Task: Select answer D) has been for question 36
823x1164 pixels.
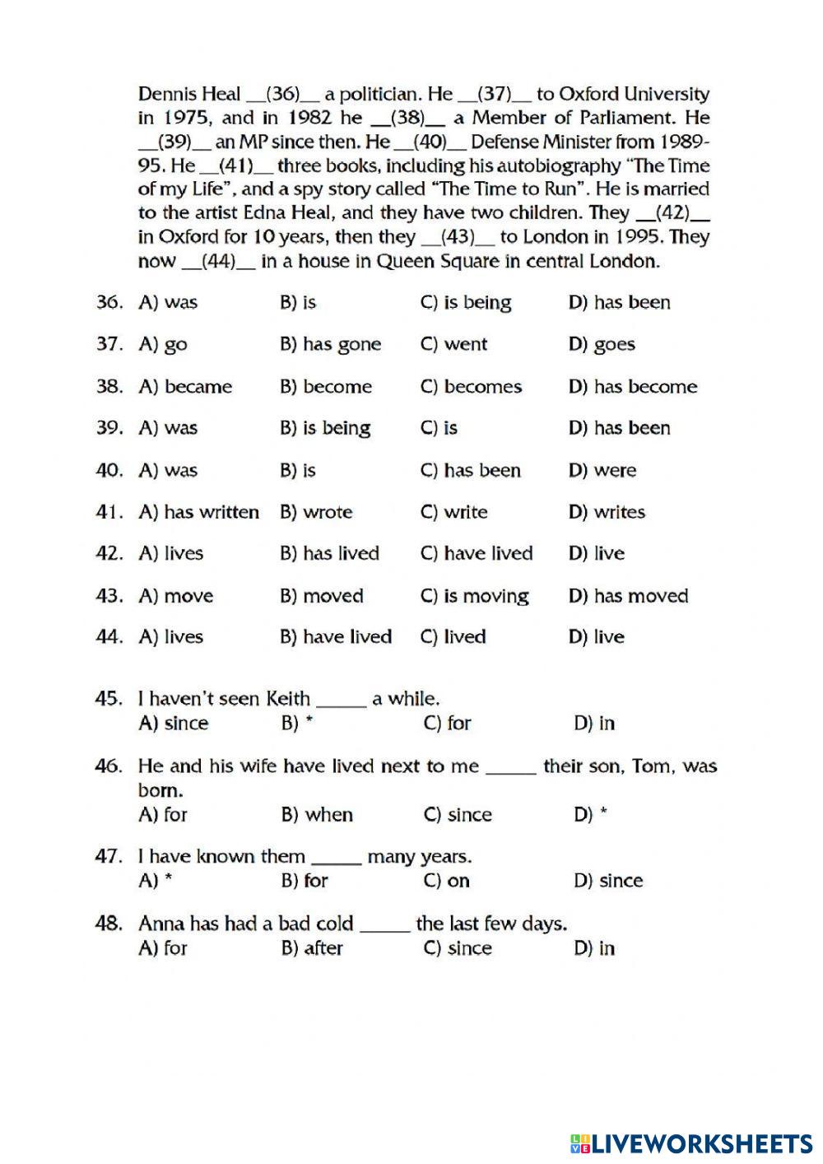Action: coord(619,302)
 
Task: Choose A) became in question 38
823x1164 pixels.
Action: coord(185,386)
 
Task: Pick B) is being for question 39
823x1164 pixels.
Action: coord(325,428)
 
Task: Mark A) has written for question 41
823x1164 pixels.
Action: coord(198,512)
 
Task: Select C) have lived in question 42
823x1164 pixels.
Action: coord(477,553)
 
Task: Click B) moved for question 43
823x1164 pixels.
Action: coord(321,595)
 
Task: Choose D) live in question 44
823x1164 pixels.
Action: coord(596,636)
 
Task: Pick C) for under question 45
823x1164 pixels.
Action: coord(447,723)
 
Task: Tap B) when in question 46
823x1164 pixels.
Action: coord(317,814)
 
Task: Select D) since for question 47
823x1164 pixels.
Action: coord(608,880)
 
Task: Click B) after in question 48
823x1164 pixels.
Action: coord(312,947)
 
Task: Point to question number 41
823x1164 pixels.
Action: coord(109,512)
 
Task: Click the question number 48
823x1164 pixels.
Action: coord(109,923)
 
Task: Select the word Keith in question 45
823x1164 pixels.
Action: coord(288,699)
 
